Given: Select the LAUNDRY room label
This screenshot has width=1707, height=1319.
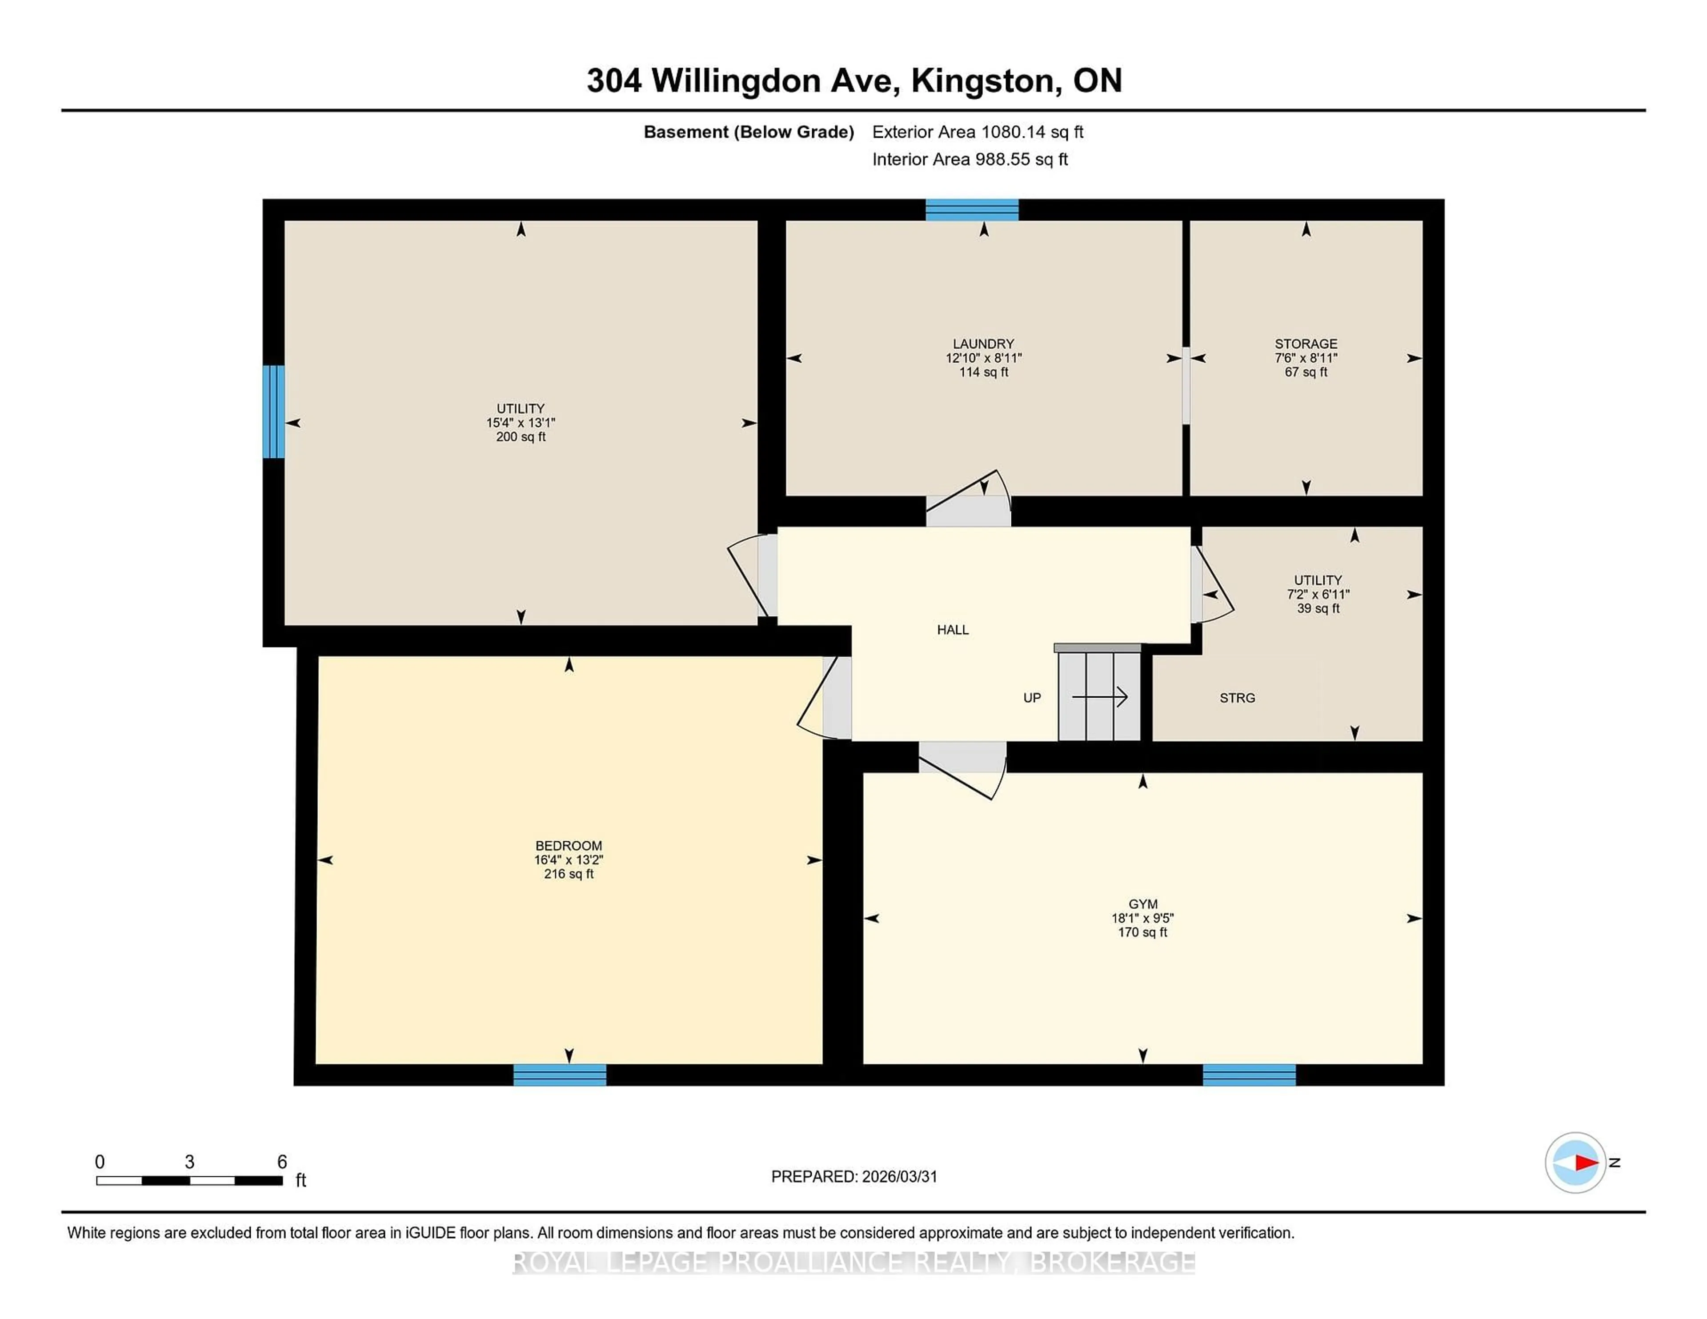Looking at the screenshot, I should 983,344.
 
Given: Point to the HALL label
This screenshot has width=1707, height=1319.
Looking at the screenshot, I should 953,630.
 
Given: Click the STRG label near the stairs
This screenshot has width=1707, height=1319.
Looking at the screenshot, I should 1237,698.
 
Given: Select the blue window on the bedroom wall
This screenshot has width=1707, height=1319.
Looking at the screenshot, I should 560,1075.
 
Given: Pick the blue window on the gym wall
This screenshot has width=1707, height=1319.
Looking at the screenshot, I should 1249,1075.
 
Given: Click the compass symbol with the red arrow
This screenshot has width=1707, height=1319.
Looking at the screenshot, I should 1575,1162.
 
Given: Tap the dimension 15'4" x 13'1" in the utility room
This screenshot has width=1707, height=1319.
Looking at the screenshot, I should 521,423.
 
